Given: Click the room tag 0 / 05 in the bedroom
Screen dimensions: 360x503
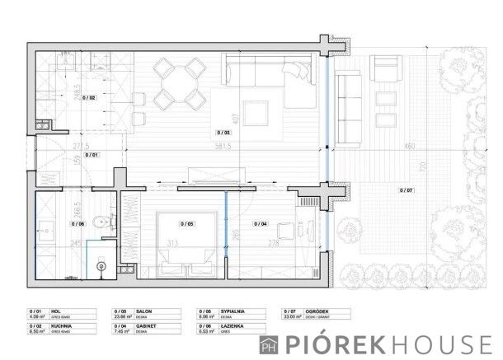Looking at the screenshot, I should point(186,223).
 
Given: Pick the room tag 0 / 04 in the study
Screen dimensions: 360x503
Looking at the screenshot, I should point(260,223).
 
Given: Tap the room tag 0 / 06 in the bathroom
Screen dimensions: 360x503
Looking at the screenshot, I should point(78,223).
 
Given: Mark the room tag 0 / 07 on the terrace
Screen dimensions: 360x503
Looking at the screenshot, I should point(407,190).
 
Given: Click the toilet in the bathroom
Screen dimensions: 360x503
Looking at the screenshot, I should point(99,220).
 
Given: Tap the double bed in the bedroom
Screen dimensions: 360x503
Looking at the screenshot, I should point(187,239).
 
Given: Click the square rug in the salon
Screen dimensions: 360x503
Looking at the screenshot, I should point(256,112).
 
